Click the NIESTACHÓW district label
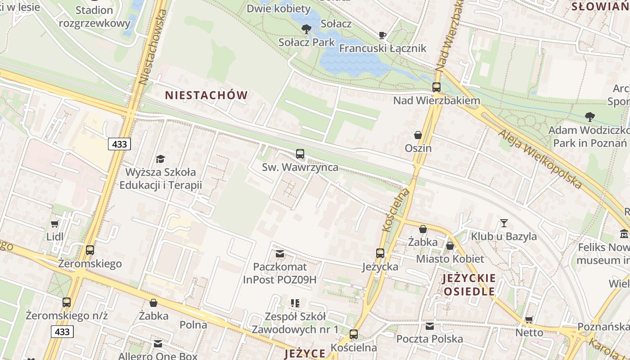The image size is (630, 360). [x=206, y=95]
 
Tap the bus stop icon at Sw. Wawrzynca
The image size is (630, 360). [x=300, y=154]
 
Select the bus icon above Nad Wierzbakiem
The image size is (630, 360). [x=436, y=87]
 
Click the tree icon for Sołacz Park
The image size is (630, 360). [x=306, y=29]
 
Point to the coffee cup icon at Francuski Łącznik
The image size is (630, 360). [x=382, y=35]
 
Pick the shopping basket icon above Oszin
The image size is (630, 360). [x=418, y=135]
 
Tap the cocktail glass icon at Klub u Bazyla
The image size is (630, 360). [x=504, y=223]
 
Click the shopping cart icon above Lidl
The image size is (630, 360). [x=55, y=224]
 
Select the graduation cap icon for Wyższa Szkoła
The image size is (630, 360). [x=160, y=159]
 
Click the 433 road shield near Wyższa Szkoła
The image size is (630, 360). [x=119, y=144]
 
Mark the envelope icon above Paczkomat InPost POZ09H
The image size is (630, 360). [x=280, y=254]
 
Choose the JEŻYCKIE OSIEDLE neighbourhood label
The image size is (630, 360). [x=469, y=284]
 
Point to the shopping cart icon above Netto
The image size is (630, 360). [x=529, y=319]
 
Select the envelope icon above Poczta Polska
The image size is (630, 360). [x=430, y=326]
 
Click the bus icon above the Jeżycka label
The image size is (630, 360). [x=380, y=253]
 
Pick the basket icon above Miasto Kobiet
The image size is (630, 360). [x=450, y=246]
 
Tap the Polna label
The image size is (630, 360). [x=193, y=324]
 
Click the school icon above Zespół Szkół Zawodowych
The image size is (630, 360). [x=295, y=303]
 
